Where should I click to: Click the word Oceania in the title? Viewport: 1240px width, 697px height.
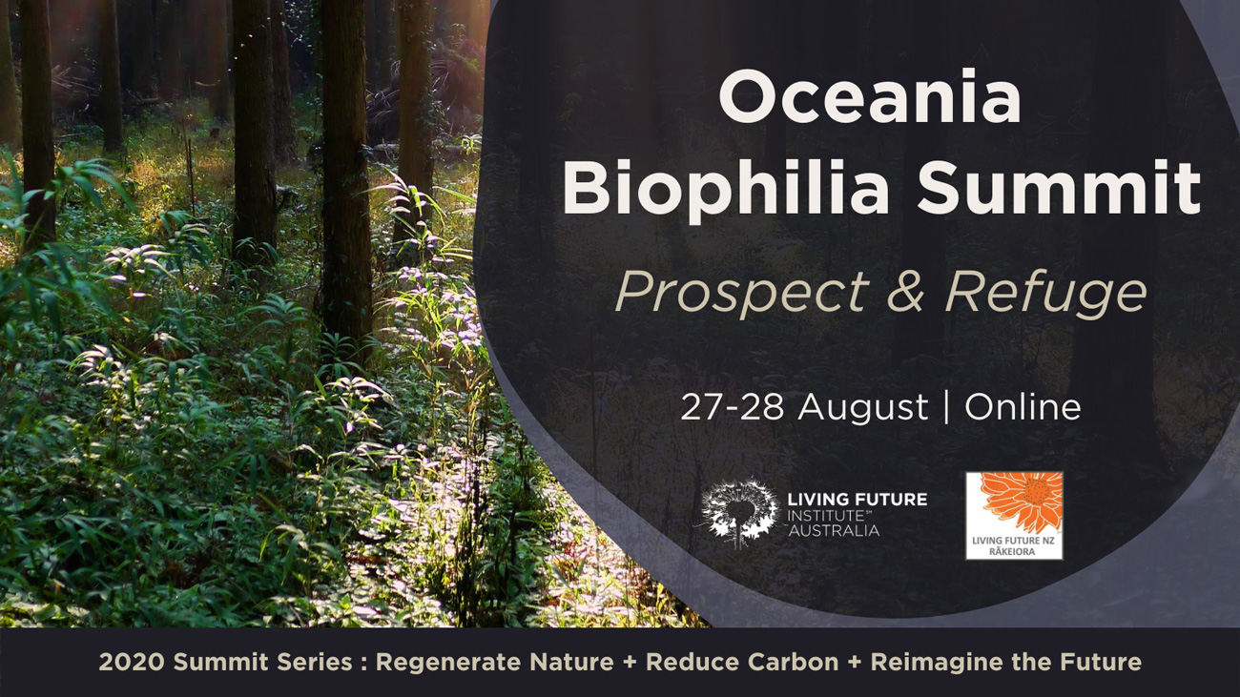[870, 96]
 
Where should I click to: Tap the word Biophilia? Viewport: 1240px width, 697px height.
[726, 187]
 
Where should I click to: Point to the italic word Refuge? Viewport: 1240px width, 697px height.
[1045, 293]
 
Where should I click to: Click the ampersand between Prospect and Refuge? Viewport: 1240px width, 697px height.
[906, 291]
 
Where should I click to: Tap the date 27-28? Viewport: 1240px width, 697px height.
[732, 407]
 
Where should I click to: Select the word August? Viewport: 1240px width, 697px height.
[862, 409]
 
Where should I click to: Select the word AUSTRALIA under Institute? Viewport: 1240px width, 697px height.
[835, 531]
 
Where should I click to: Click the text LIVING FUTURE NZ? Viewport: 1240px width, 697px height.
[1014, 541]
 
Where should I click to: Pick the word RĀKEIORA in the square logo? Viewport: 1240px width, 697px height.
[1012, 551]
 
